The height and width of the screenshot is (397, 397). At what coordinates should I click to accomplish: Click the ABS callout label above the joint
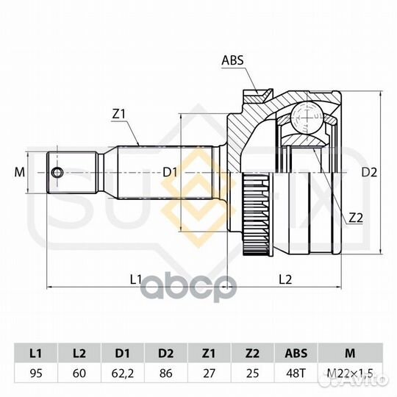232,60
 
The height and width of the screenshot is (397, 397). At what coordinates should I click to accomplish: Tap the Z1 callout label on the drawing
119,115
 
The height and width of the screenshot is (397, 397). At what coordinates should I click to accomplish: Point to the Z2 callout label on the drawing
356,218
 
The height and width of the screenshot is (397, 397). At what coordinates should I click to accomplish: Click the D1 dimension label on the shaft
170,173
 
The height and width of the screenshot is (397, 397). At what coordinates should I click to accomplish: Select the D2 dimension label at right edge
369,173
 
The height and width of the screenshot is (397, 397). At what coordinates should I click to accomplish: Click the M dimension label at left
20,173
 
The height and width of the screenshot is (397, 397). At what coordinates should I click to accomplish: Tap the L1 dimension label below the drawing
135,279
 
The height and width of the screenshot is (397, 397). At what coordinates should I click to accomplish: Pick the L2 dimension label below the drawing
285,279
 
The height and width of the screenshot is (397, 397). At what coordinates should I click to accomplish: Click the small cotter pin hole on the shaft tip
56,173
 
